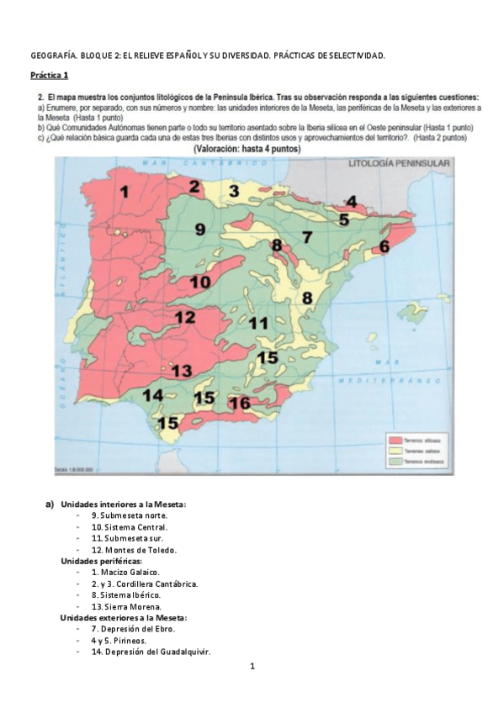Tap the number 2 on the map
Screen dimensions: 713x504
tap(194, 186)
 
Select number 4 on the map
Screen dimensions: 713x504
tap(351, 201)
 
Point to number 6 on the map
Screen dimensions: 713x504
tap(384, 246)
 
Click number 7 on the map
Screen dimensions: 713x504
tap(308, 237)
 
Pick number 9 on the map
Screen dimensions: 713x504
tap(200, 229)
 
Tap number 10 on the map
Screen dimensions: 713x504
tap(199, 283)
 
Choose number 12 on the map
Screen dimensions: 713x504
tap(185, 318)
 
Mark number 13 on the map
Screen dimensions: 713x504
tap(181, 371)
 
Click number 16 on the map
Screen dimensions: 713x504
tap(240, 403)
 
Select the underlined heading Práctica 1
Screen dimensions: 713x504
tap(49, 76)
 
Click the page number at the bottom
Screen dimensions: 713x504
tap(252, 667)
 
